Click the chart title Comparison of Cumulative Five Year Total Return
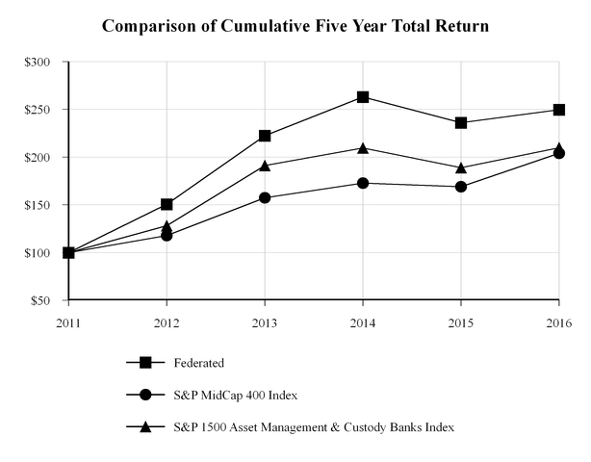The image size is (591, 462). click(295, 25)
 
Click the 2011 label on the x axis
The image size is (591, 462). click(68, 322)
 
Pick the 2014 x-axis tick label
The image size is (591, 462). click(363, 322)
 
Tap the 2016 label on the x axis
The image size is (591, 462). click(559, 322)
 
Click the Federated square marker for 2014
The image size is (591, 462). click(363, 97)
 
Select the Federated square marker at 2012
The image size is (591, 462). click(167, 204)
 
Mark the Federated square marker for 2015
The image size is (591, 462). click(461, 123)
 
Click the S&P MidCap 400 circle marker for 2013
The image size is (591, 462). click(265, 198)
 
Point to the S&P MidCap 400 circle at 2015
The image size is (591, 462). click(461, 187)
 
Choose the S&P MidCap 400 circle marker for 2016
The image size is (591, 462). click(559, 153)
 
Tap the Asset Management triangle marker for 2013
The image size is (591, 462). click(265, 165)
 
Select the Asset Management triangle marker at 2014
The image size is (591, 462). click(363, 147)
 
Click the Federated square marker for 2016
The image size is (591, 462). click(559, 110)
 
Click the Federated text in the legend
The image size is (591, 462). click(198, 363)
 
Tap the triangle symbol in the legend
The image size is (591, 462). click(145, 425)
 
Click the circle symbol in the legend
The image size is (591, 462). click(145, 395)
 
